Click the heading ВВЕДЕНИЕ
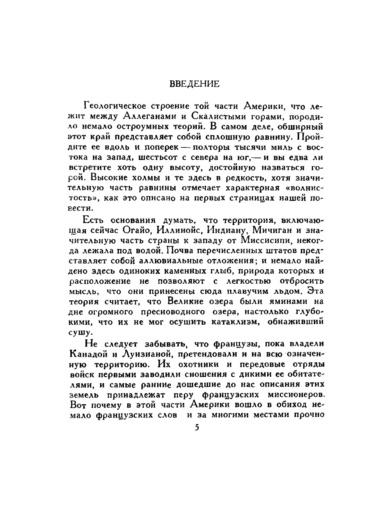[x=194, y=84]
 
